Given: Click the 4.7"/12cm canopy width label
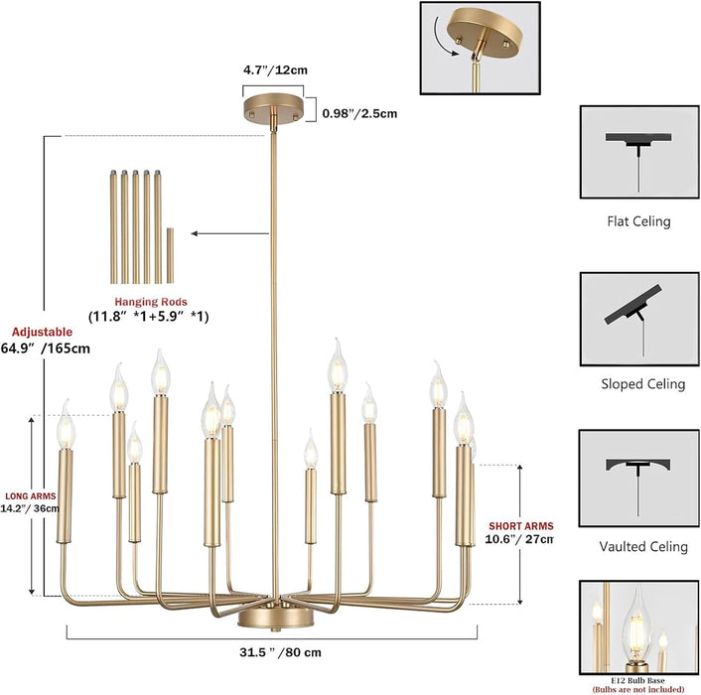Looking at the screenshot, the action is pyautogui.click(x=275, y=70).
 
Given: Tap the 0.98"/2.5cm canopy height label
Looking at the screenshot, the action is pyautogui.click(x=359, y=113).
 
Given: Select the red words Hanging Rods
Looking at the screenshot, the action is pyautogui.click(x=151, y=302).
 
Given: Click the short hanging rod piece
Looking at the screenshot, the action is pyautogui.click(x=170, y=255).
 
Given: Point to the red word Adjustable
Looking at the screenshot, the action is pyautogui.click(x=42, y=332).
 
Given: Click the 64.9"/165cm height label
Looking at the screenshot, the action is pyautogui.click(x=45, y=348).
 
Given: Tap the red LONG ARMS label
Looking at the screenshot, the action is pyautogui.click(x=31, y=496).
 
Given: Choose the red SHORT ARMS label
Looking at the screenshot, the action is pyautogui.click(x=521, y=526).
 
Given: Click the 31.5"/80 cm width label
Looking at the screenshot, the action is pyautogui.click(x=280, y=652).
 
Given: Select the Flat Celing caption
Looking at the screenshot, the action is pyautogui.click(x=638, y=221).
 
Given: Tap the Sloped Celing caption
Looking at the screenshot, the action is pyautogui.click(x=642, y=384).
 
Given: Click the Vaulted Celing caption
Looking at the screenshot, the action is pyautogui.click(x=643, y=547).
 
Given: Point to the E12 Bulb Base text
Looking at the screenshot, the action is pyautogui.click(x=638, y=681).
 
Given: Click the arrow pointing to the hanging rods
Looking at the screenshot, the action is pyautogui.click(x=229, y=233).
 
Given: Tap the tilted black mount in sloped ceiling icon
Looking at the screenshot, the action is pyautogui.click(x=632, y=304).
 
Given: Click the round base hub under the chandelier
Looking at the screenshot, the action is pyautogui.click(x=276, y=618).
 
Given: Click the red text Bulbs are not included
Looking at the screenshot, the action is pyautogui.click(x=638, y=689).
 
